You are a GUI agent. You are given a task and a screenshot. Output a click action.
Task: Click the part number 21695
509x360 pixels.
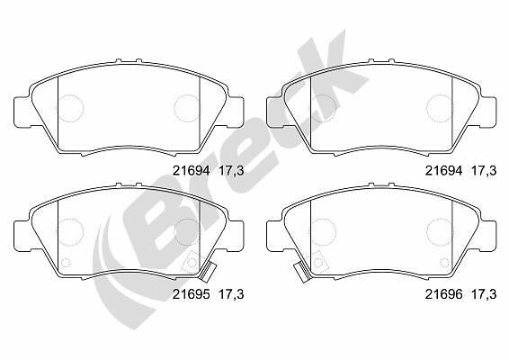tap(191, 294)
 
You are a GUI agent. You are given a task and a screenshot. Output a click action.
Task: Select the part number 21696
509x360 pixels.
tap(443, 294)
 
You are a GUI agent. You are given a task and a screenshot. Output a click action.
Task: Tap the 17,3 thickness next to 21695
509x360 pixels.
tap(231, 294)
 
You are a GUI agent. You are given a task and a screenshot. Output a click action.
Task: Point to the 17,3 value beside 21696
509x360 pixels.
tap(484, 294)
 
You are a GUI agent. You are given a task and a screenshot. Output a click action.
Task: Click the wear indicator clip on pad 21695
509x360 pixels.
tap(208, 273)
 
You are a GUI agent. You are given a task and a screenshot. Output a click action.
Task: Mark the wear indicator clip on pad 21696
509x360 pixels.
tap(302, 273)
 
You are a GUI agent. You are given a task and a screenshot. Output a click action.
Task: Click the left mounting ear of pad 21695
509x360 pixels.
tap(23, 236)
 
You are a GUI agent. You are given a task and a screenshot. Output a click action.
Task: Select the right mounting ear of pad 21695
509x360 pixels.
tap(235, 236)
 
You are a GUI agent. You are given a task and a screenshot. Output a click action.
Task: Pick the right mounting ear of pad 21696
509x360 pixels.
tap(487, 236)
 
